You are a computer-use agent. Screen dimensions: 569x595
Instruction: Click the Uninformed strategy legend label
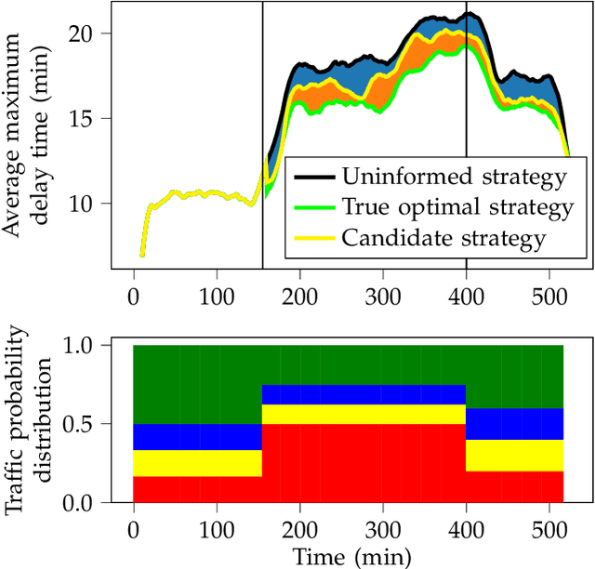tap(454, 176)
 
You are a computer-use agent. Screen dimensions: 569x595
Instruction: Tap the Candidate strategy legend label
tap(443, 238)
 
